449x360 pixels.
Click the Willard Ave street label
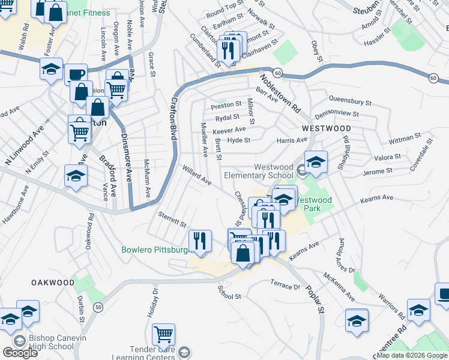[197, 175]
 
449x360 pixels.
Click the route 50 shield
[97, 307]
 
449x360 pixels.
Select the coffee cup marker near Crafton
[76, 75]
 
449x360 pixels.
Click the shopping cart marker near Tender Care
[163, 334]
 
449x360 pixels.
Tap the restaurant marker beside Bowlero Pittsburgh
[200, 241]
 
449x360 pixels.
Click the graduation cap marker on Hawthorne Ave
[76, 177]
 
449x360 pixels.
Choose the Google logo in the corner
[20, 353]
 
